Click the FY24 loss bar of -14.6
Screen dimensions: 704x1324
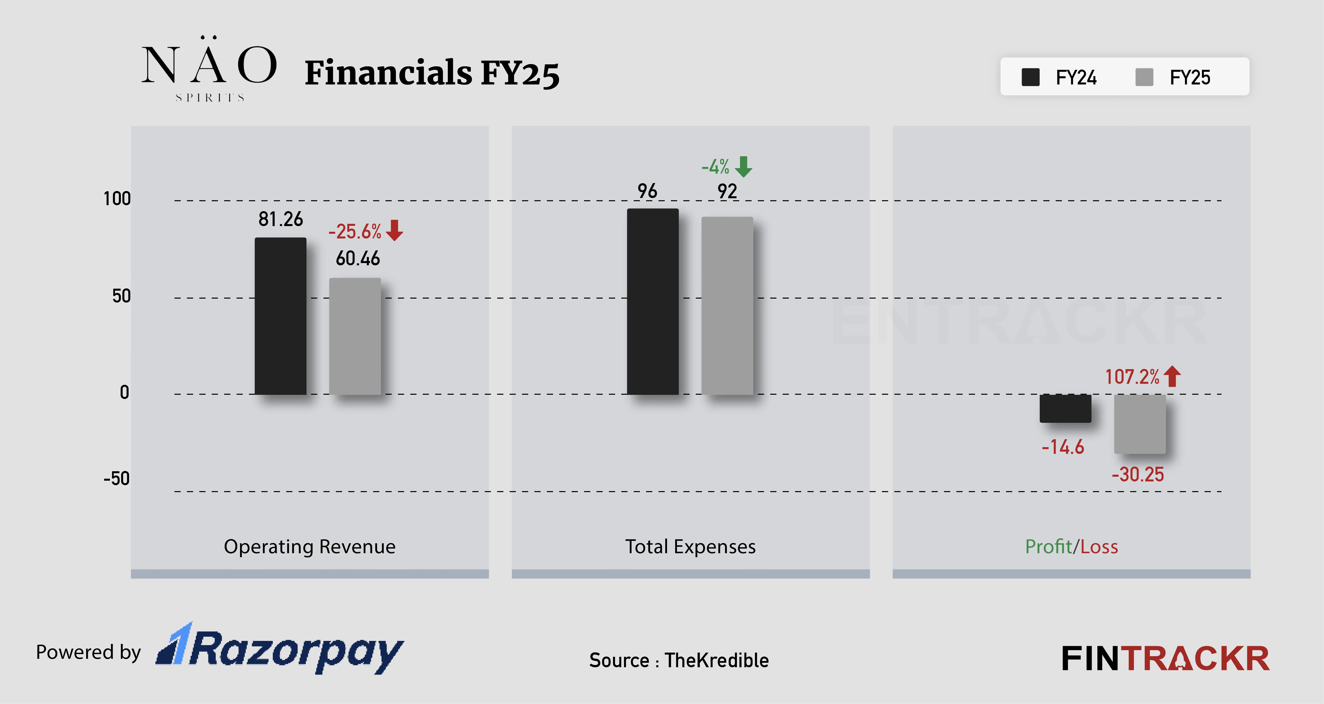pyautogui.click(x=1065, y=408)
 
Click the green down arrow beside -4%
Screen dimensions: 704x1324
pyautogui.click(x=743, y=167)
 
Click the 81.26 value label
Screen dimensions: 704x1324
pyautogui.click(x=281, y=219)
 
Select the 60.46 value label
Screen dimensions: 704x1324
pyautogui.click(x=358, y=258)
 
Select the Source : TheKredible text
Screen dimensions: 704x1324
pyautogui.click(x=678, y=660)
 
